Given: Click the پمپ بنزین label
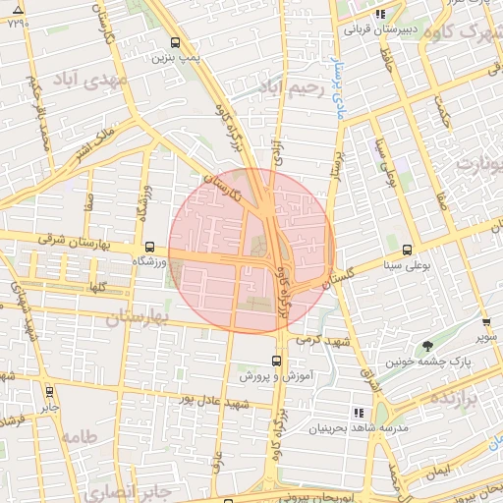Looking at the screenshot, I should click(176, 58).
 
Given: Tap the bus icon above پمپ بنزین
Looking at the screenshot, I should click(176, 43).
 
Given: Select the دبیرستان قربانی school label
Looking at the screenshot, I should click(381, 30).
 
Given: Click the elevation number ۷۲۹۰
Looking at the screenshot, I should click(18, 23).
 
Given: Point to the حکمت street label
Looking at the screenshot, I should click(447, 120).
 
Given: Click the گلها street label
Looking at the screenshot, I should click(95, 286).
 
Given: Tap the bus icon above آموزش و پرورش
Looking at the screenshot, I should click(276, 361).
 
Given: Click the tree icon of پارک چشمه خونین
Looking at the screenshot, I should click(427, 345).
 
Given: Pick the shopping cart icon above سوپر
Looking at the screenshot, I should click(485, 322).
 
